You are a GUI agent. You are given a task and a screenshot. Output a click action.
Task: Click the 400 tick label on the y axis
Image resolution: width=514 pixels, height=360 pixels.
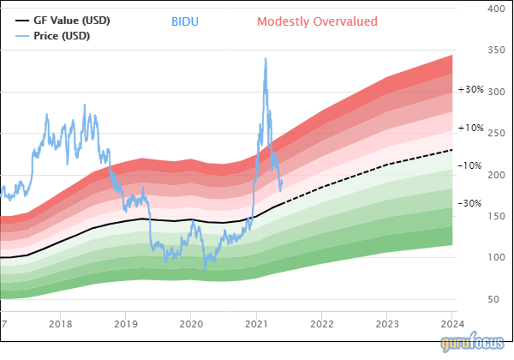(496, 9)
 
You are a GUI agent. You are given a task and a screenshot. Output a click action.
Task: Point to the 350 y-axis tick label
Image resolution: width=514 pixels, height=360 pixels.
(496, 50)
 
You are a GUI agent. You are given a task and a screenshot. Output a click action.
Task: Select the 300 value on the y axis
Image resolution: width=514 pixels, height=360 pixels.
(496, 92)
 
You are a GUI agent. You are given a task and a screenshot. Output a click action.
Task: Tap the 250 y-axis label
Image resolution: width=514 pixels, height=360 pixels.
(496, 133)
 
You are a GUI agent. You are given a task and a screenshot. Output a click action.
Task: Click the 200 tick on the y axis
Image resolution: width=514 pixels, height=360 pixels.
(496, 175)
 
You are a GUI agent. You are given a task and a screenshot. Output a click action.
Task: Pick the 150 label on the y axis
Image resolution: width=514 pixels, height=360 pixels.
(496, 216)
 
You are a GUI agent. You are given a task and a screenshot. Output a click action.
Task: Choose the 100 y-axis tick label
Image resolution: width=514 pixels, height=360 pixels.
(496, 258)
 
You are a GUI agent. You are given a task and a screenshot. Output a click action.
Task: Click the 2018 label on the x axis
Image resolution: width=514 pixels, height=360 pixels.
(60, 325)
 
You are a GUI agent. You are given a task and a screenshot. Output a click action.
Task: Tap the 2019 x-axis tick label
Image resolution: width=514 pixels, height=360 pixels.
(125, 325)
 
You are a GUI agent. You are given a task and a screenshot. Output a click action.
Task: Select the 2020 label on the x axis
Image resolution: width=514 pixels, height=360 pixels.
(191, 325)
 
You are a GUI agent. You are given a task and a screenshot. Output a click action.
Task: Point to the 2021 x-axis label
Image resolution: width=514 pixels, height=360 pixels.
(256, 325)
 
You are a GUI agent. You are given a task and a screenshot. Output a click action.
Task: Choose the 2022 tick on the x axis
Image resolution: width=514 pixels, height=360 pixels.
(322, 325)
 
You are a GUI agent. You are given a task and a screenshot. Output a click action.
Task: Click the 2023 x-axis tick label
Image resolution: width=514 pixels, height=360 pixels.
(387, 325)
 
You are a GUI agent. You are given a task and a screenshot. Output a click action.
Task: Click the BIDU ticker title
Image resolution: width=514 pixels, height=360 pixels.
(185, 22)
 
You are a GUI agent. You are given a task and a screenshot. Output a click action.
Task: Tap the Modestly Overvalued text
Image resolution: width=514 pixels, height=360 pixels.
(318, 22)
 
